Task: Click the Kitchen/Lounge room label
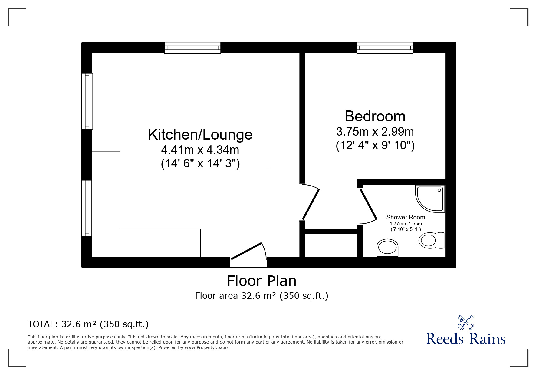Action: point(200,135)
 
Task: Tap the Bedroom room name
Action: point(375,116)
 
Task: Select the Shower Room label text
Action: point(406,217)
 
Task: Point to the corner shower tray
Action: point(430,199)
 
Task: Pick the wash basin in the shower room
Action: point(387,248)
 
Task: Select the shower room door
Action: point(368,206)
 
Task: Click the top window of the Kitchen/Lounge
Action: point(192,48)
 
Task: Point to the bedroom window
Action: point(385,48)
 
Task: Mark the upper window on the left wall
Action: point(87,101)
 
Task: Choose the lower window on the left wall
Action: point(87,208)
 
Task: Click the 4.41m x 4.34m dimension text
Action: point(200,150)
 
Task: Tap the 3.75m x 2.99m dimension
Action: point(375,132)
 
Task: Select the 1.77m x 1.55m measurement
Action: point(406,224)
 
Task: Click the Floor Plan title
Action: point(261,281)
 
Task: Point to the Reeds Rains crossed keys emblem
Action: point(465,323)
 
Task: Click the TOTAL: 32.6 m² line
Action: point(88,324)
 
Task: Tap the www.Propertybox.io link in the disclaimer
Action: point(206,347)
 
